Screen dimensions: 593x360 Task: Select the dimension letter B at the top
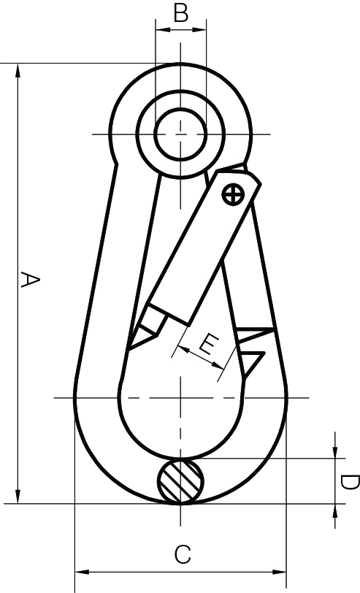point(181,12)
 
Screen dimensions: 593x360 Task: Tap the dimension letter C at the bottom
point(182,554)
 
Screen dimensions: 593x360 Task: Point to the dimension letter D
point(349,482)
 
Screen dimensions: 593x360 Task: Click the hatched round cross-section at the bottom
point(181,481)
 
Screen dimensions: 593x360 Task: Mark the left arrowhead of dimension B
point(161,30)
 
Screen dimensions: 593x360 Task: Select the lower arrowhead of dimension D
point(334,510)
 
